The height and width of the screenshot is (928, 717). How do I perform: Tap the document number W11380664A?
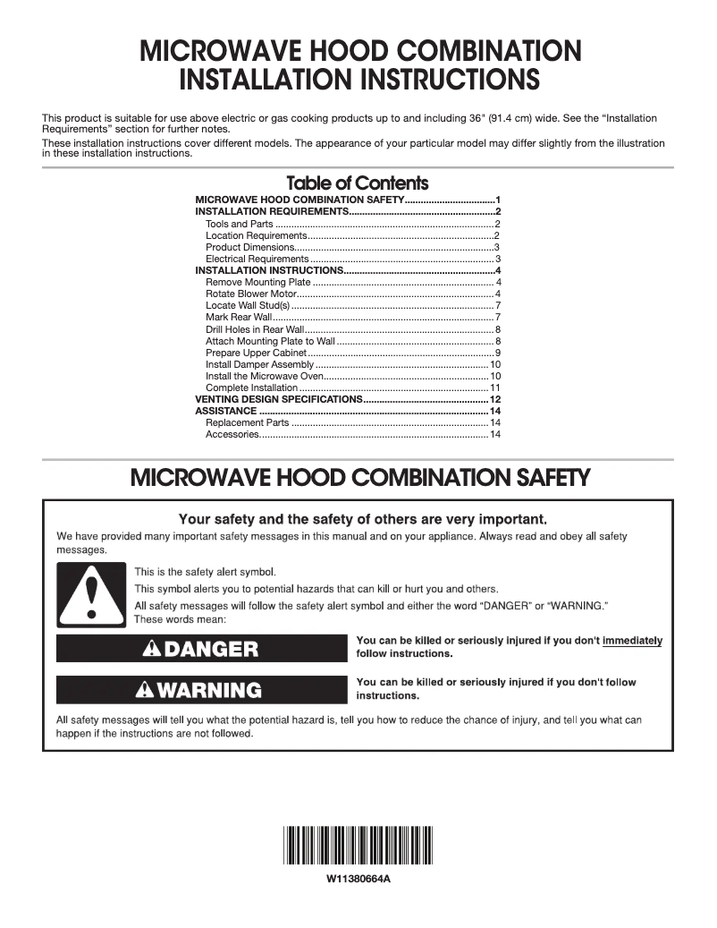click(358, 879)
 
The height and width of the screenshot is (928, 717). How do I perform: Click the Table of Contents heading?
click(358, 183)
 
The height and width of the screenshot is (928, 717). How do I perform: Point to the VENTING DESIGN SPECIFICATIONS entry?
click(278, 399)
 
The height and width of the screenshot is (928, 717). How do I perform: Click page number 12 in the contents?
click(493, 399)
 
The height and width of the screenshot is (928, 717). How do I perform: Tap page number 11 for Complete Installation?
click(494, 387)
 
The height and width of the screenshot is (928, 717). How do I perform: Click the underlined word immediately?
click(632, 641)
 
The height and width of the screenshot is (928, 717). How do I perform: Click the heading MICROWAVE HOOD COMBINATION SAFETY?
click(360, 478)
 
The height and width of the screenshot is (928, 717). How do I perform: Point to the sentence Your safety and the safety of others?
click(362, 519)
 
